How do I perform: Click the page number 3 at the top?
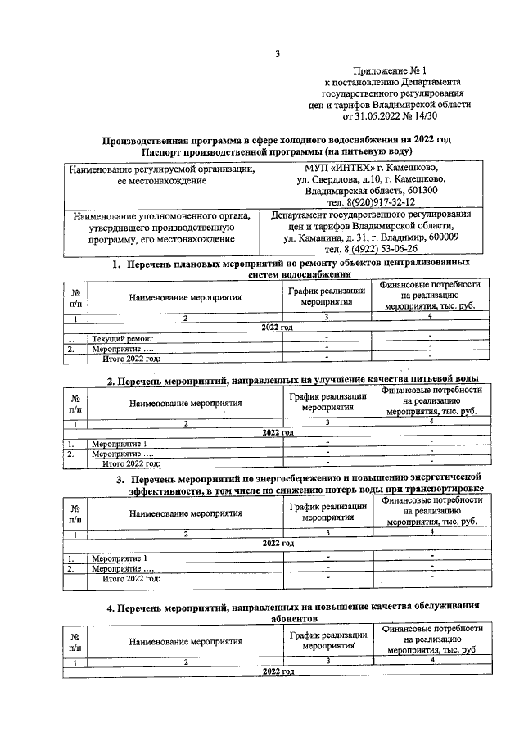(278, 55)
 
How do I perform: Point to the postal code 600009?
(436, 237)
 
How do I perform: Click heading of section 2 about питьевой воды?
(292, 381)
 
